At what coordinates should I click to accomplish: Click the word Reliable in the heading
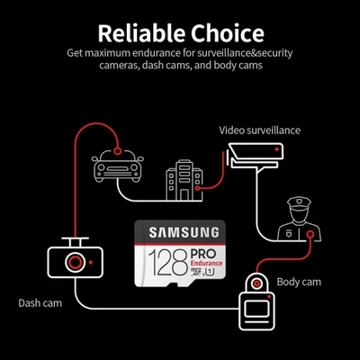click(x=141, y=32)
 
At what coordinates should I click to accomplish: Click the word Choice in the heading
click(x=228, y=32)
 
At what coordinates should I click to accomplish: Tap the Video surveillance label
click(x=259, y=130)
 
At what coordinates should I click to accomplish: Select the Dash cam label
click(x=40, y=302)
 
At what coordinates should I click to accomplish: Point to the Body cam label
click(x=299, y=282)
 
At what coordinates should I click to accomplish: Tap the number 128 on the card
click(x=168, y=263)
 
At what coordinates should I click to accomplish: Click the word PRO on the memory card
click(x=203, y=254)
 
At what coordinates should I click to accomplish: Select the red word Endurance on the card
click(x=207, y=263)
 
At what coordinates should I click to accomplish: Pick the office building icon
click(x=184, y=180)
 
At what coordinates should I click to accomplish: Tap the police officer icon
click(x=299, y=219)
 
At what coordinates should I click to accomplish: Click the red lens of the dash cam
click(x=75, y=262)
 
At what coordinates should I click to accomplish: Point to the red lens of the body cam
click(x=256, y=283)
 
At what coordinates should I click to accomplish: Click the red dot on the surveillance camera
click(x=277, y=149)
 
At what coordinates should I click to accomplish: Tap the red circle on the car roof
click(x=118, y=150)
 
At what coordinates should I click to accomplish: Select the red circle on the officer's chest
click(x=310, y=234)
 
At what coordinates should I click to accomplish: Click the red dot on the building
click(x=197, y=189)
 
